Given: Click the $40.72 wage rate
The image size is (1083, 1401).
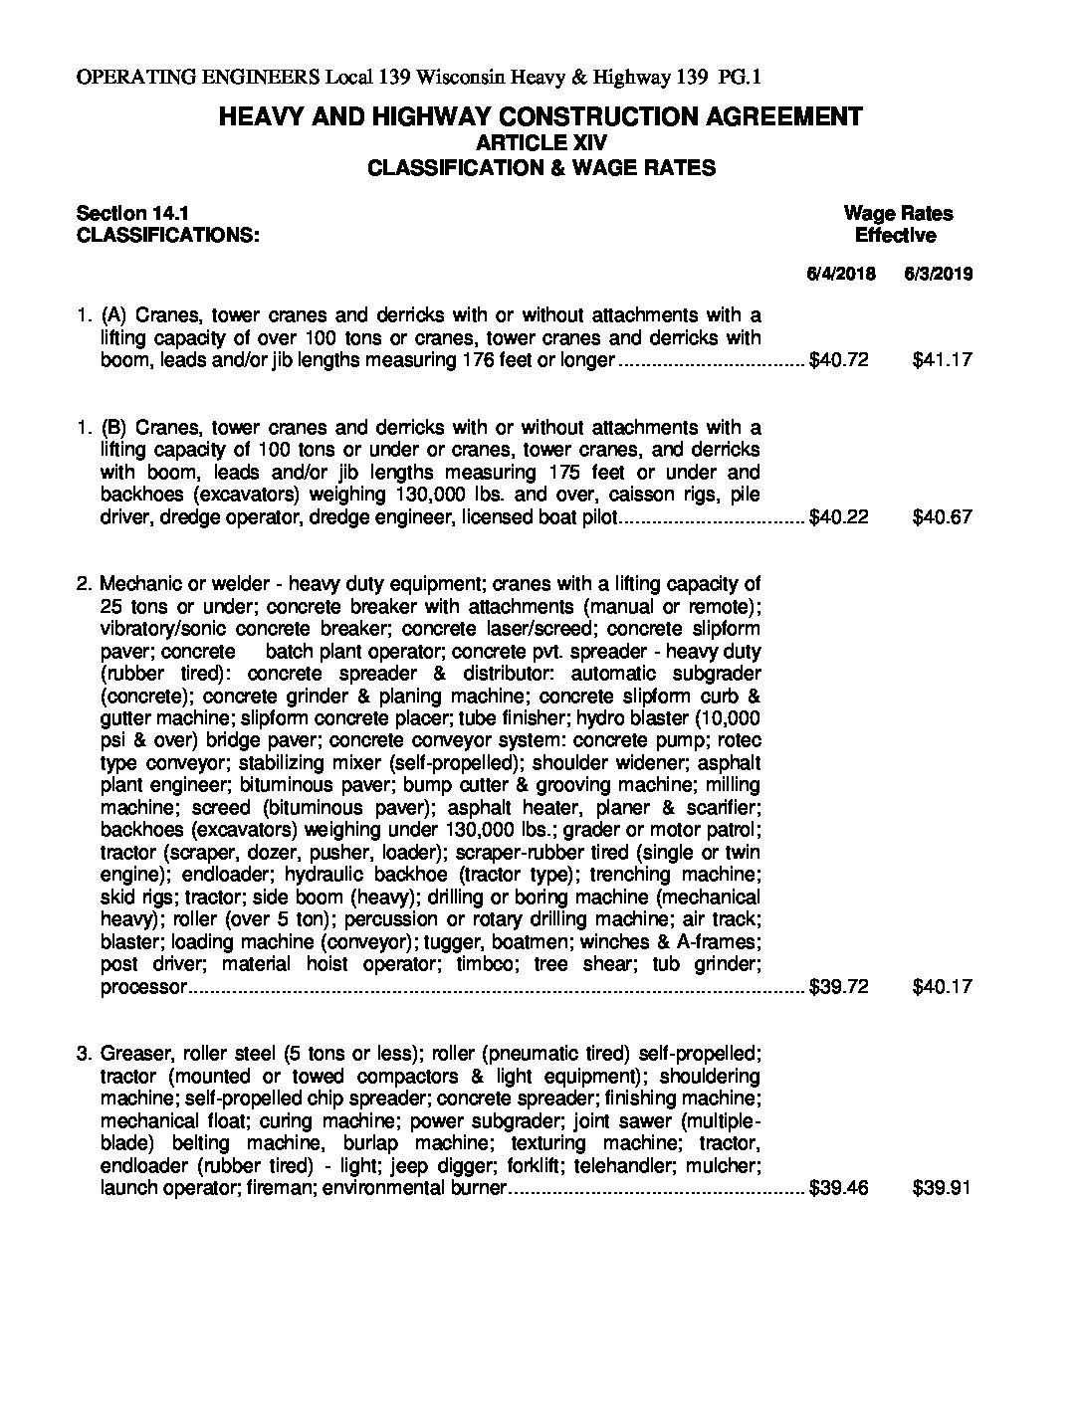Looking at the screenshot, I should tap(839, 360).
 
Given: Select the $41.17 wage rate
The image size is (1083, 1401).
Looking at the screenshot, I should tap(942, 360).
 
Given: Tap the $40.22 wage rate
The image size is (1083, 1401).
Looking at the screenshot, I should tap(839, 517).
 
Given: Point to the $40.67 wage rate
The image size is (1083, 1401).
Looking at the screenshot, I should tap(942, 517).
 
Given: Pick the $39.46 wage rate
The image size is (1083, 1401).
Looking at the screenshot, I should tap(839, 1188).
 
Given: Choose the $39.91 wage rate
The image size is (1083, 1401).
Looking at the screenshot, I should tap(942, 1188).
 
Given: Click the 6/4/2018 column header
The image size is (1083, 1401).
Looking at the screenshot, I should tap(840, 274).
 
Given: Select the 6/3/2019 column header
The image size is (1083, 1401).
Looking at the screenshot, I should tap(939, 274).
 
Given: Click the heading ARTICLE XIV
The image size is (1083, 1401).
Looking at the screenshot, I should tap(541, 142).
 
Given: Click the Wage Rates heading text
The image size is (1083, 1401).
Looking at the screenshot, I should tap(898, 213).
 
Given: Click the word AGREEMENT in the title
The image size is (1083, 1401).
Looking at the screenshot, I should tap(783, 116).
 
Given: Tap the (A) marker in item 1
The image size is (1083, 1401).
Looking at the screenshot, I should tap(114, 315).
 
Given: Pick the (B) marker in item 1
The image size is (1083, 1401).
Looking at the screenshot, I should tap(114, 428).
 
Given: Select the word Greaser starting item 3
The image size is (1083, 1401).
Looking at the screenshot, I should tap(136, 1054).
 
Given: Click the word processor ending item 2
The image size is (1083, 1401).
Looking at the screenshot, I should tap(143, 987).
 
